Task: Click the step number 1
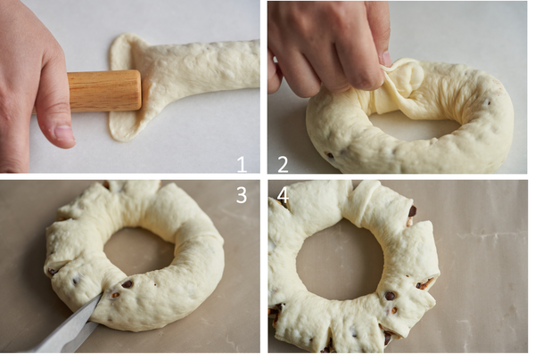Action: pyautogui.click(x=242, y=164)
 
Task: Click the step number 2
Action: pyautogui.click(x=283, y=164)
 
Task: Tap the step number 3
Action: pyautogui.click(x=242, y=195)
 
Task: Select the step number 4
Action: pyautogui.click(x=283, y=195)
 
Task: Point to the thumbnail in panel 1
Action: pyautogui.click(x=63, y=134)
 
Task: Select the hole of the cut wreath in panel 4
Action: pyautogui.click(x=336, y=260)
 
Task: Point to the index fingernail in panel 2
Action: pyautogui.click(x=386, y=59)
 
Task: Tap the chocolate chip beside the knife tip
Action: pyautogui.click(x=128, y=283)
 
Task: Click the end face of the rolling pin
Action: pyautogui.click(x=136, y=90)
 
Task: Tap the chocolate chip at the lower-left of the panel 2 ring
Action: pyautogui.click(x=330, y=155)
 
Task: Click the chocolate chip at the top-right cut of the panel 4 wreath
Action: pyautogui.click(x=413, y=211)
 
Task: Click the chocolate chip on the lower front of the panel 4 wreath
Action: pyautogui.click(x=390, y=296)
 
